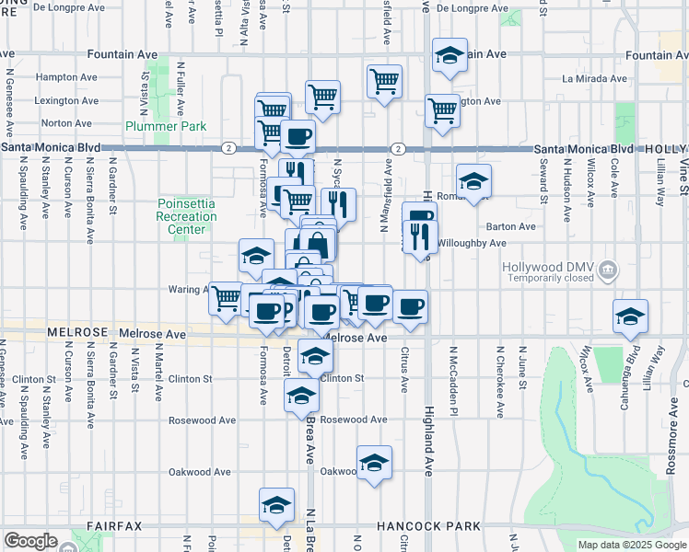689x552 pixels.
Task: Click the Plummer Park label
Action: tap(167, 125)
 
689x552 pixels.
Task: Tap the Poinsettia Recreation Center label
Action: tap(187, 216)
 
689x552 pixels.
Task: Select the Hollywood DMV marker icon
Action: tap(607, 270)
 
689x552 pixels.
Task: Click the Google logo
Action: tap(30, 541)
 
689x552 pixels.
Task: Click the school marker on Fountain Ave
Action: tap(450, 56)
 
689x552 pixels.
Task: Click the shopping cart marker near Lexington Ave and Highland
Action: tap(443, 110)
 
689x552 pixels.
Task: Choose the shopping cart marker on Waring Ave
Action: tap(227, 298)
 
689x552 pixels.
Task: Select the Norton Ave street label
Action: tap(65, 122)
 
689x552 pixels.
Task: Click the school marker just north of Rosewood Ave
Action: tap(301, 397)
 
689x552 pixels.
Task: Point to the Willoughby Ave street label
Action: tap(475, 243)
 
